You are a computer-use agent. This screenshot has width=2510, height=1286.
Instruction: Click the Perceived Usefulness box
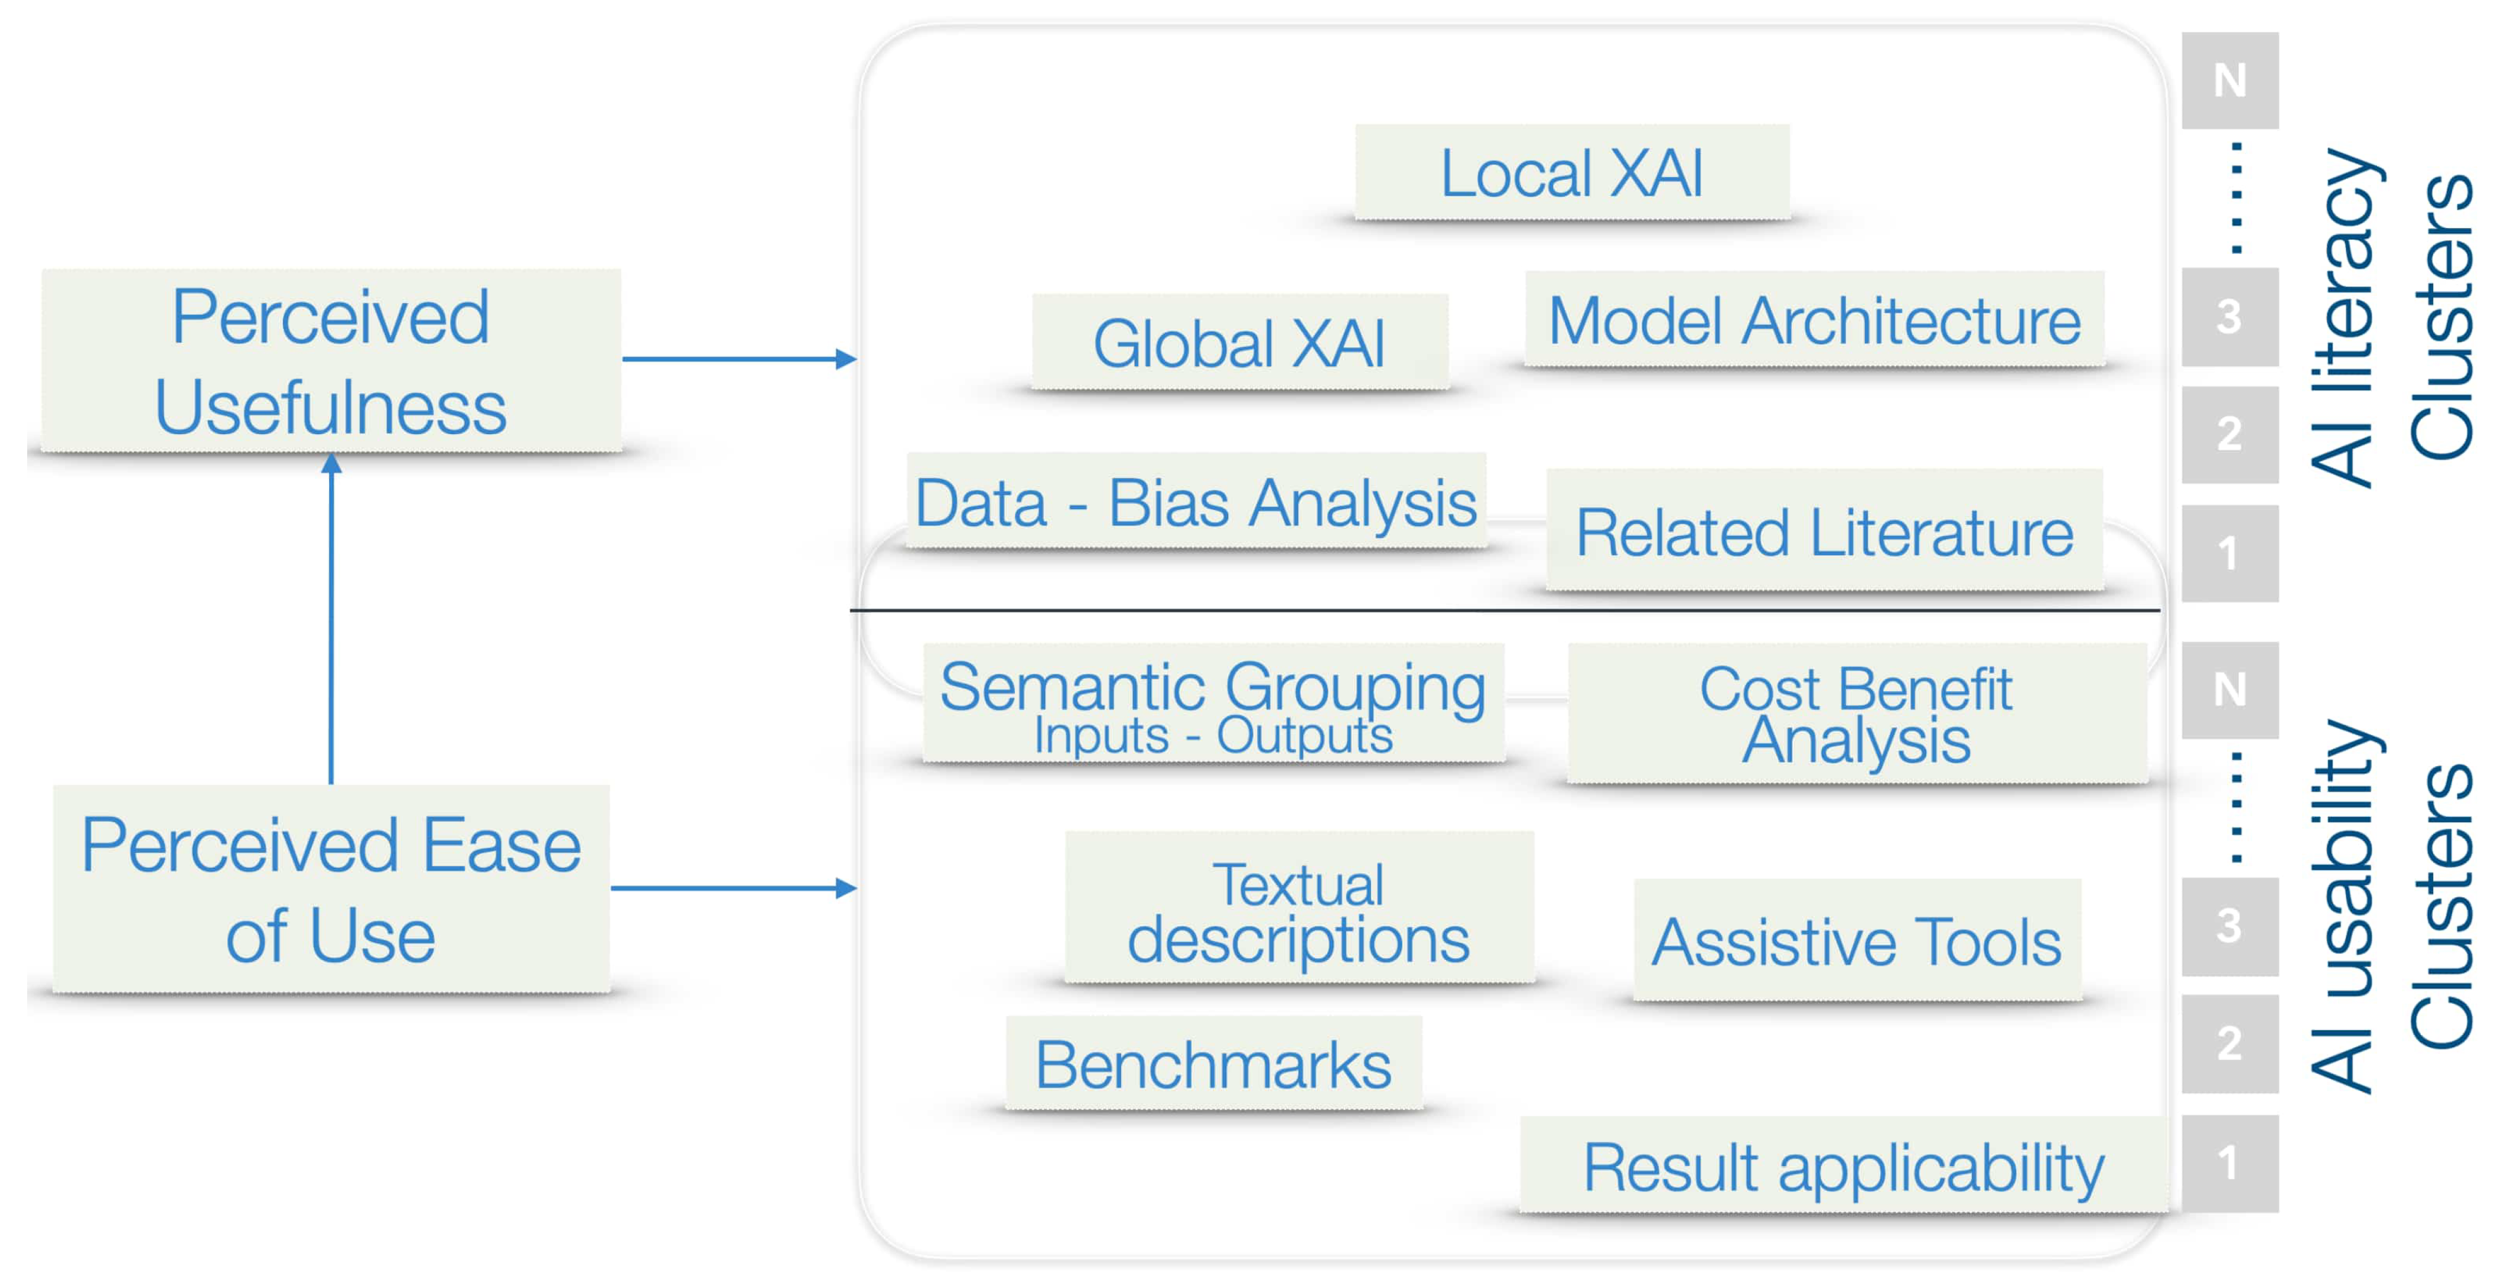click(x=331, y=360)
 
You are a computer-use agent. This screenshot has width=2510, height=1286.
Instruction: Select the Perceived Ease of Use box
click(x=331, y=888)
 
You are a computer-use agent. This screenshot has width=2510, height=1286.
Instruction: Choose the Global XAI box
click(x=1239, y=342)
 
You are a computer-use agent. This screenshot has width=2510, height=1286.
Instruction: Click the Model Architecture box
click(x=1814, y=320)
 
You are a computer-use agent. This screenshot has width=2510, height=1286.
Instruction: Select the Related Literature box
click(x=1824, y=531)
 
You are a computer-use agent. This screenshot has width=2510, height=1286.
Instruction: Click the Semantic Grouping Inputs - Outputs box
click(x=1213, y=704)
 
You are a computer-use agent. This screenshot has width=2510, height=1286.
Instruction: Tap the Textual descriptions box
click(x=1299, y=908)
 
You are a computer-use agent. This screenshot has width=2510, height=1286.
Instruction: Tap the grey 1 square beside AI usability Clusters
click(x=2229, y=1163)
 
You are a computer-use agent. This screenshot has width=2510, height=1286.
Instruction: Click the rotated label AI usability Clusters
click(x=2392, y=906)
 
